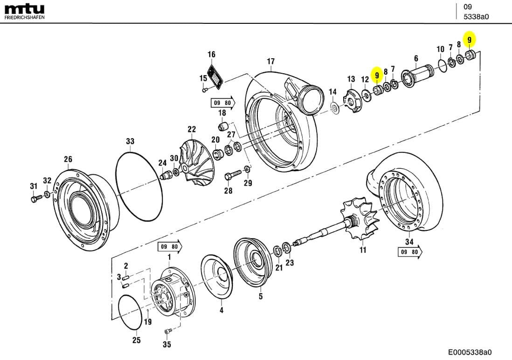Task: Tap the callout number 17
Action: point(271,61)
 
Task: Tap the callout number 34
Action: point(409,242)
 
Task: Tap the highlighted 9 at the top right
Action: point(470,39)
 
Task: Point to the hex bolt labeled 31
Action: point(34,199)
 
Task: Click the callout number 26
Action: point(68,159)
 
